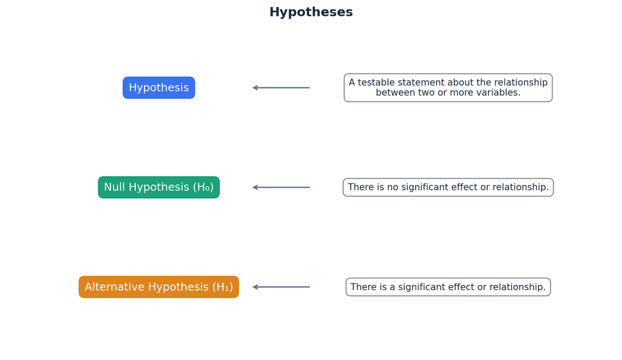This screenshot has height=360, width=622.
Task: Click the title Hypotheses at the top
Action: (311, 12)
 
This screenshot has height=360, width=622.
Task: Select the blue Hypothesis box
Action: (159, 88)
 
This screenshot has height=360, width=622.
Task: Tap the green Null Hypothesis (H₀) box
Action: (159, 188)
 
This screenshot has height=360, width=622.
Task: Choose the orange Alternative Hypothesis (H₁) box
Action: (159, 287)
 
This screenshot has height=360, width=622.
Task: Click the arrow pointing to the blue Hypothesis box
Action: (281, 88)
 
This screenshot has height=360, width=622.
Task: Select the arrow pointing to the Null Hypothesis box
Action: (281, 188)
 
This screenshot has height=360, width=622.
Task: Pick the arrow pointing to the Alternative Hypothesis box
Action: (281, 287)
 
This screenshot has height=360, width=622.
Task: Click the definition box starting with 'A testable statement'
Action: (448, 88)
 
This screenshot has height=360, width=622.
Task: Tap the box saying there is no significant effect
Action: (448, 188)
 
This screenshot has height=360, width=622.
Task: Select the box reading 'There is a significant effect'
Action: (448, 287)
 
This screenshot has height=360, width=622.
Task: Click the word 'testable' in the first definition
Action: (378, 83)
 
